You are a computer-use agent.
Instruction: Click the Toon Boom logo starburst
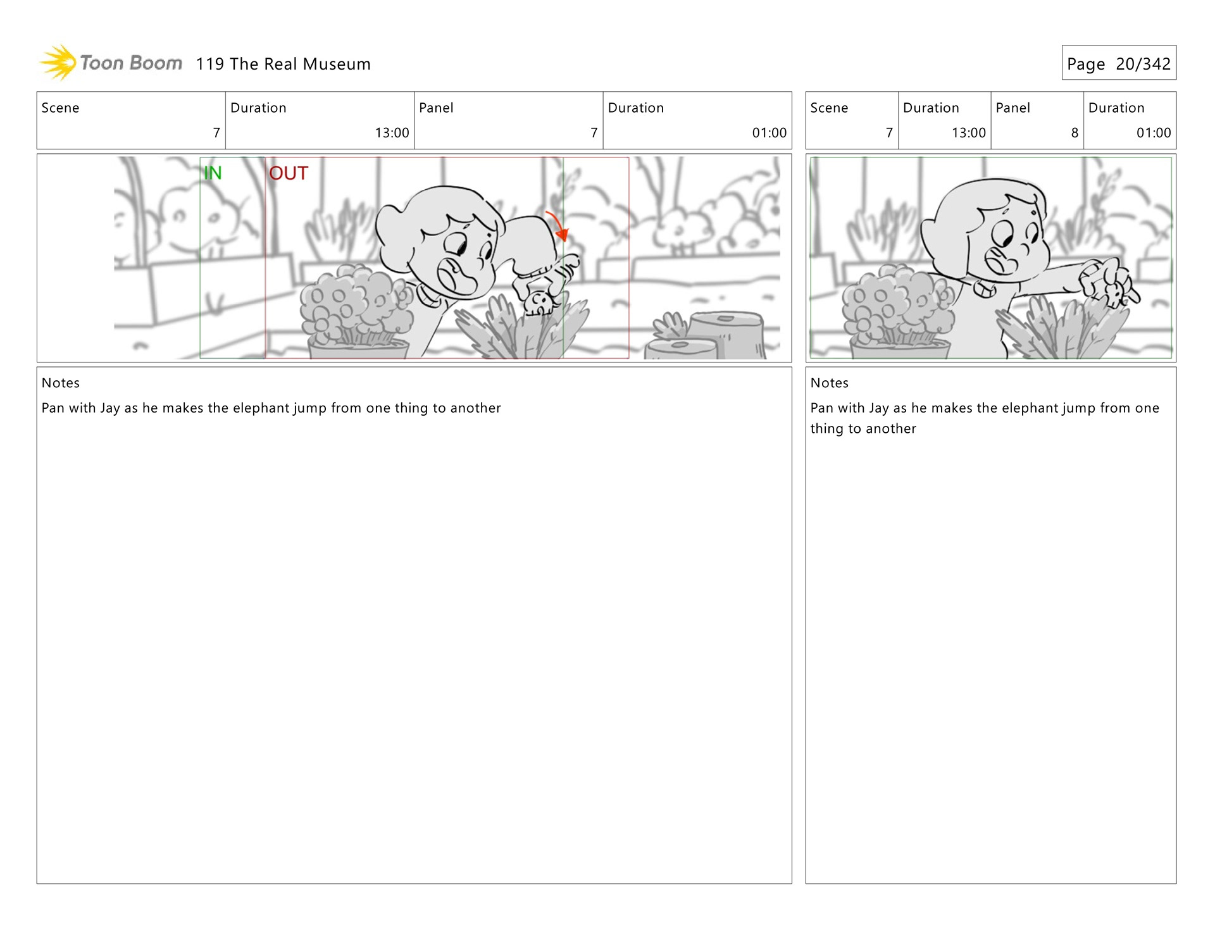(x=58, y=63)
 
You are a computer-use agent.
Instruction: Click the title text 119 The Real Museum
(x=283, y=64)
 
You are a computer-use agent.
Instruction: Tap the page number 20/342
(x=1143, y=64)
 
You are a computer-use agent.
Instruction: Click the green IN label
(x=213, y=173)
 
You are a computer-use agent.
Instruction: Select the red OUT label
(x=289, y=173)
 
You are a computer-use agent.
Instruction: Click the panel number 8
(x=1075, y=133)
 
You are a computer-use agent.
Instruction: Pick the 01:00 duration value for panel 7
(x=769, y=133)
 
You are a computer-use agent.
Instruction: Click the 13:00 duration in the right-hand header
(x=969, y=133)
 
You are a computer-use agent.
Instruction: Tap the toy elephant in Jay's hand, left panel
(x=541, y=303)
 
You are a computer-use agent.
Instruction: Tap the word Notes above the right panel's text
(x=830, y=383)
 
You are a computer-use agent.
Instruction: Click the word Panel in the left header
(x=436, y=108)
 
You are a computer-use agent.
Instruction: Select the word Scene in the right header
(x=829, y=108)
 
